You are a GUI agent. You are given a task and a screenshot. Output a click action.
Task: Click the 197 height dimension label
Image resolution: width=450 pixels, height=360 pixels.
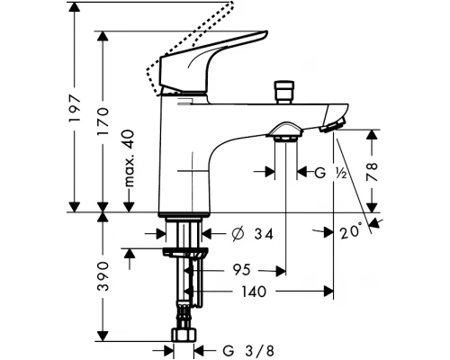75,108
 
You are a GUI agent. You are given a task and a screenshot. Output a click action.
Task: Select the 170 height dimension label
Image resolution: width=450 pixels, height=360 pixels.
103,121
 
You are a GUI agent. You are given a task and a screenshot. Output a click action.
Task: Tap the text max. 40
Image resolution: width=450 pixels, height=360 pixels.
129,158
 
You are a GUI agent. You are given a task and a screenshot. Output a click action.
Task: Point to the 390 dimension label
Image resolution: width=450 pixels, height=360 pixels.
103,276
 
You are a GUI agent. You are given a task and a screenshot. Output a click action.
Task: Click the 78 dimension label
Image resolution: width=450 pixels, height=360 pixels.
372,172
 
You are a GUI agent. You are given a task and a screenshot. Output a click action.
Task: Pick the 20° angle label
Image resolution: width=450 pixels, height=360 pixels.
351,230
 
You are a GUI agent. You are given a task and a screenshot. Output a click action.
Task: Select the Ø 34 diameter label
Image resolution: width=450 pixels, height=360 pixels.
253,234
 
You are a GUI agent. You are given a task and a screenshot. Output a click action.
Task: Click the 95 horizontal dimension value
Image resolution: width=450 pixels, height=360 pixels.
242,270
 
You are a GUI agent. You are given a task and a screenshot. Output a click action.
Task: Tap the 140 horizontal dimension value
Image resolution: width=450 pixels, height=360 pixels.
254,292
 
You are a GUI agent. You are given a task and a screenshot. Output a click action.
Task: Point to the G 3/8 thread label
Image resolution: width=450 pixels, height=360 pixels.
248,350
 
